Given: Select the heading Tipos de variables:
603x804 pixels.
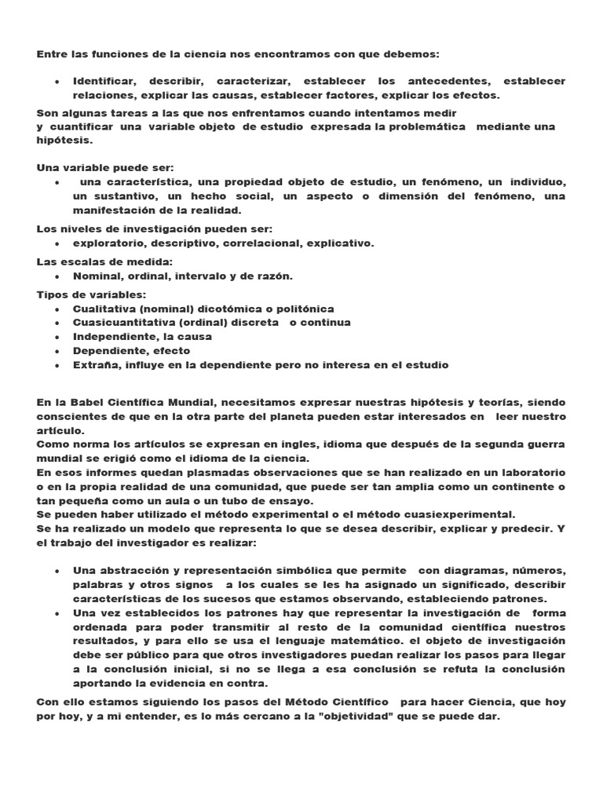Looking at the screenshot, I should (91, 294).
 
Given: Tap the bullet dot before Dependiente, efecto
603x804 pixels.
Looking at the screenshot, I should (59, 351).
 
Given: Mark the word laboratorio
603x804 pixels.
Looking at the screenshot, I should (531, 473).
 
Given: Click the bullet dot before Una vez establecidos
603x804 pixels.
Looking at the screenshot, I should (59, 612).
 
